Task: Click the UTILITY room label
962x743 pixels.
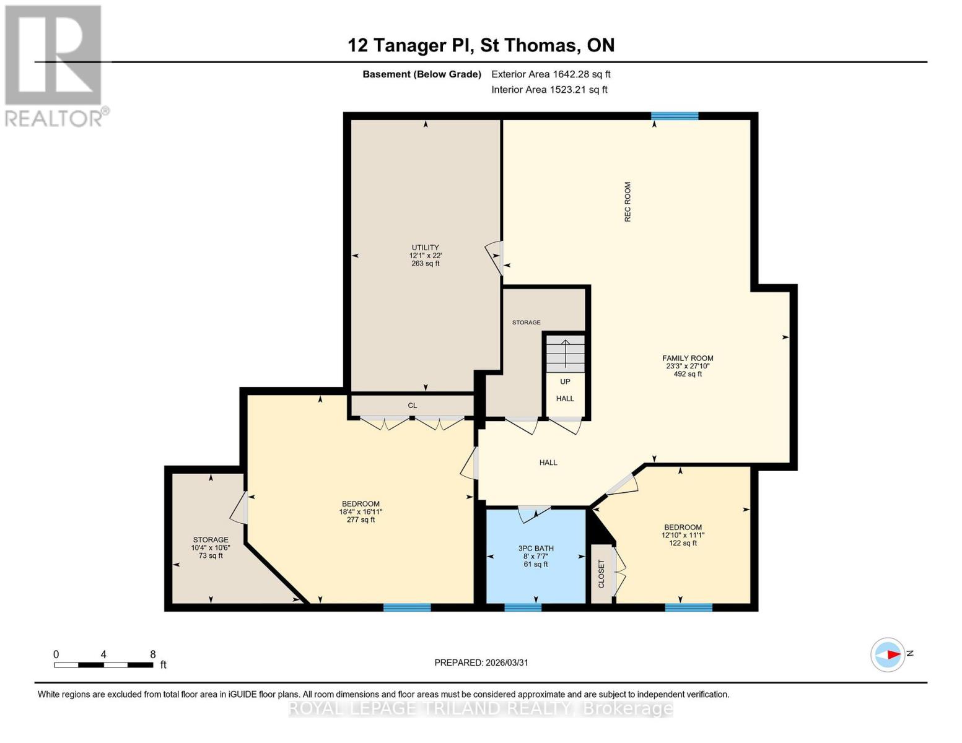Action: pyautogui.click(x=425, y=248)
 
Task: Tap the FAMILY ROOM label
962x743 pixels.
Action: pyautogui.click(x=688, y=358)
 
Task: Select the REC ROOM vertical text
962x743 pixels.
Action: pyautogui.click(x=627, y=202)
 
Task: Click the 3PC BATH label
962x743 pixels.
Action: pyautogui.click(x=536, y=549)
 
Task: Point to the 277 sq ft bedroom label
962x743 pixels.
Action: pyautogui.click(x=361, y=511)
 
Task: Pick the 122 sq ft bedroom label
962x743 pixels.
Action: pyautogui.click(x=683, y=535)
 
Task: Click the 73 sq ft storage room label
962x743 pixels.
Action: pyautogui.click(x=211, y=547)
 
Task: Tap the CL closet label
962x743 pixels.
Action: pyautogui.click(x=412, y=406)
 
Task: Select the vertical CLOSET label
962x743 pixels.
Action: pyautogui.click(x=601, y=574)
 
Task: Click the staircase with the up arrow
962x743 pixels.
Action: pyautogui.click(x=565, y=354)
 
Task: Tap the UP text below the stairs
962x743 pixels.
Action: pyautogui.click(x=565, y=381)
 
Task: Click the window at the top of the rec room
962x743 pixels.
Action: pyautogui.click(x=675, y=116)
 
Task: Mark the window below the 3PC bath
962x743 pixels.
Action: pyautogui.click(x=523, y=607)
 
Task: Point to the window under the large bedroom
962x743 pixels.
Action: pyautogui.click(x=407, y=607)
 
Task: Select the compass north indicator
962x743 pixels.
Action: pyautogui.click(x=888, y=654)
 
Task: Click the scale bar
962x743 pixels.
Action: pyautogui.click(x=103, y=665)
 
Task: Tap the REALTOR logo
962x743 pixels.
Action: pyautogui.click(x=55, y=66)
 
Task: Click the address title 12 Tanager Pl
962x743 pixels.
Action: pyautogui.click(x=481, y=45)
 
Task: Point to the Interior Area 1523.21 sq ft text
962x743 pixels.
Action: pyautogui.click(x=549, y=90)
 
